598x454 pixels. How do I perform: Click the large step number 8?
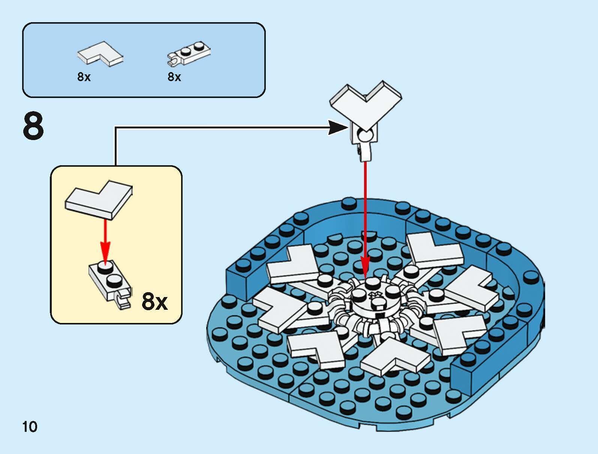(33, 126)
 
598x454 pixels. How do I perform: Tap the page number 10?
(30, 427)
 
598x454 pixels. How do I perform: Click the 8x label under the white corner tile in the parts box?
(84, 77)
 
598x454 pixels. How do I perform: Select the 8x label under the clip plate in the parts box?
(174, 77)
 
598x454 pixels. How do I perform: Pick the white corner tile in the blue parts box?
(99, 55)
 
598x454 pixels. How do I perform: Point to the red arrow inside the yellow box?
(105, 240)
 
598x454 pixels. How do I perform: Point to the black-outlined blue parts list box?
(144, 60)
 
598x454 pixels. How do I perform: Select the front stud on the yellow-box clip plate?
(114, 280)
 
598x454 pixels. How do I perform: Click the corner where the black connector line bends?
(115, 128)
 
